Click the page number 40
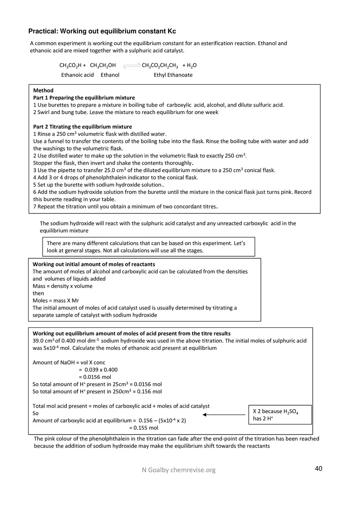[x=318, y=468]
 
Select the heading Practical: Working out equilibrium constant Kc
[x=102, y=32]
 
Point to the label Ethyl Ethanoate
[x=173, y=75]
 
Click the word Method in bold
[x=43, y=90]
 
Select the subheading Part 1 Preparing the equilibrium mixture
[x=84, y=98]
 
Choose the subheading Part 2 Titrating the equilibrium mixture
[x=82, y=127]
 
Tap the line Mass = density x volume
[x=62, y=286]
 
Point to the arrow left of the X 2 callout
[x=224, y=415]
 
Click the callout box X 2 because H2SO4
[x=280, y=415]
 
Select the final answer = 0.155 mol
[x=144, y=428]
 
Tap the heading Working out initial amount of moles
[x=94, y=264]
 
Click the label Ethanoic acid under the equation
[x=77, y=75]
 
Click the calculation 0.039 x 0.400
[x=98, y=370]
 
